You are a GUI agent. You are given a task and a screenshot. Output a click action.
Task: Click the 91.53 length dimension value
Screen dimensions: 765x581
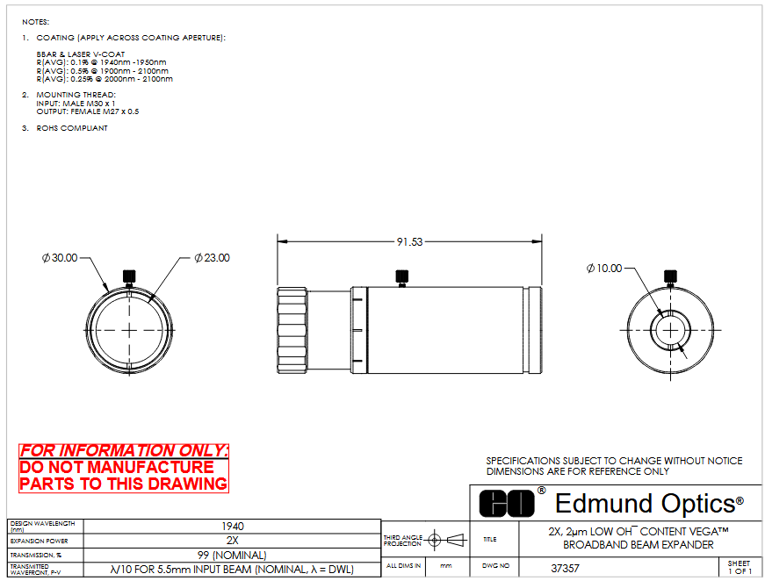(x=409, y=241)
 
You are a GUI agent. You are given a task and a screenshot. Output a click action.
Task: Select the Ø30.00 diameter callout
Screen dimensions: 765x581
(x=60, y=258)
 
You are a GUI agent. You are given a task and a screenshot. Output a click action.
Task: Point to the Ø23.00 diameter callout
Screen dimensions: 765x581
(x=212, y=258)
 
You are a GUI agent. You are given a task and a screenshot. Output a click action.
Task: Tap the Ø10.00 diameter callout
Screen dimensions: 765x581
(x=604, y=268)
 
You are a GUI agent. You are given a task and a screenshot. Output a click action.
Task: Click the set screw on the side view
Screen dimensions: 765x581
(x=402, y=278)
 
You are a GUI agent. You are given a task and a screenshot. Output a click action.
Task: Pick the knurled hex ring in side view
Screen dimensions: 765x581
(x=292, y=331)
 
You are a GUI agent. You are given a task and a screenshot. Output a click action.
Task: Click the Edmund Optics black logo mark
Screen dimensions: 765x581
(x=507, y=504)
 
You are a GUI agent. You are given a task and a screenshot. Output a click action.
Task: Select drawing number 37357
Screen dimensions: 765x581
(x=565, y=569)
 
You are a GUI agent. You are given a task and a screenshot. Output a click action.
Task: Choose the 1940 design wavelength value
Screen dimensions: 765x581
(x=232, y=527)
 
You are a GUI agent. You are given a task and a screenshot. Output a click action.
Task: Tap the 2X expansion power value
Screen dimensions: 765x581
(x=232, y=541)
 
